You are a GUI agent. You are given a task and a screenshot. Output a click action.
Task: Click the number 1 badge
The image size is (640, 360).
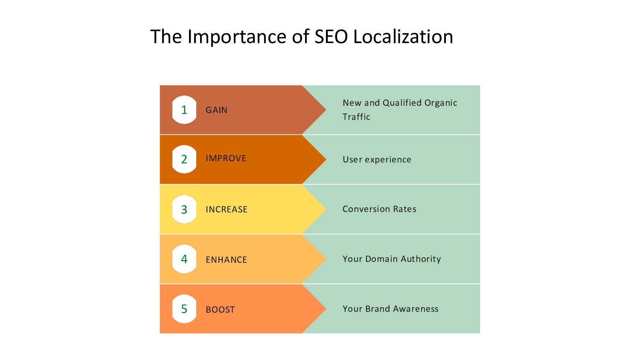coord(184,110)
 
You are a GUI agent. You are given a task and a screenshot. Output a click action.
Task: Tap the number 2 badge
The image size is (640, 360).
coord(184,160)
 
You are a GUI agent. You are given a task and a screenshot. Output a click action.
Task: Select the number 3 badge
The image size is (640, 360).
coord(184,209)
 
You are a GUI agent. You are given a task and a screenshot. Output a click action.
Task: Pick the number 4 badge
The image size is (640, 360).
coord(184,259)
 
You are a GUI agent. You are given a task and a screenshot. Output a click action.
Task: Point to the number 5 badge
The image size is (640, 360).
coord(184,309)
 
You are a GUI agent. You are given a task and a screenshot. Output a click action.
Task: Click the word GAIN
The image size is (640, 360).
coord(216,110)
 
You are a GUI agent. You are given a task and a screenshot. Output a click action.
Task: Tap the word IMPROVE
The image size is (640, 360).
coord(226,158)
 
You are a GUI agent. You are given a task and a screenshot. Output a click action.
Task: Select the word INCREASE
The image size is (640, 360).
coord(227,209)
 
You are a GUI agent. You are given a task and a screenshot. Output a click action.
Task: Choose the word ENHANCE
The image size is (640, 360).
coord(226,260)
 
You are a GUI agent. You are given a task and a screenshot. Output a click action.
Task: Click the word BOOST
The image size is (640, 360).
coord(220,310)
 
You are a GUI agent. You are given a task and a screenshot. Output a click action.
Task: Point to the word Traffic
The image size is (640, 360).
coord(356,117)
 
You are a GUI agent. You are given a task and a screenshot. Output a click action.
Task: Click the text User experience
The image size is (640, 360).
coord(377,160)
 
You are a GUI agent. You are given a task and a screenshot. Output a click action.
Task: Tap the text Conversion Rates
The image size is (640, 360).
coord(379,209)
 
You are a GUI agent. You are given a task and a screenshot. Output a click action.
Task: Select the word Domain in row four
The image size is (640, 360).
coord(381,259)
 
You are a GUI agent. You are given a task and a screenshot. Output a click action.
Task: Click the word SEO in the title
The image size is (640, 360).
coord(332,37)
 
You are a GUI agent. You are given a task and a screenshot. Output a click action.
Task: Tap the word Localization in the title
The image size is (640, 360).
coord(403,37)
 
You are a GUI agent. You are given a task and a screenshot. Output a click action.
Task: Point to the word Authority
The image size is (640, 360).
coord(421,259)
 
